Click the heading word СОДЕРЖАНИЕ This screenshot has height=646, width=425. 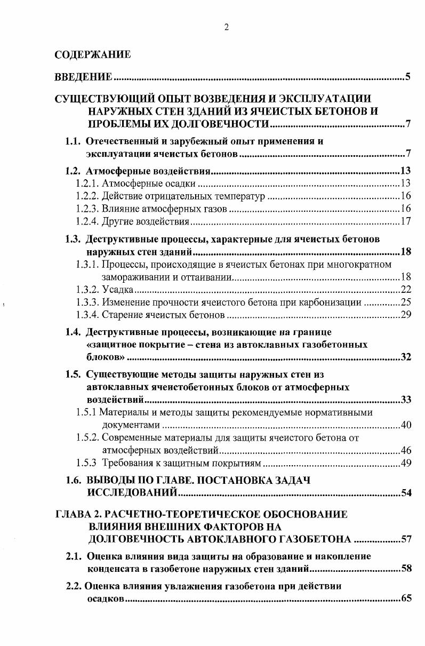click(x=92, y=54)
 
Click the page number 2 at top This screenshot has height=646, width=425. click(x=226, y=28)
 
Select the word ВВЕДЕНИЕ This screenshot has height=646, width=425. click(x=84, y=78)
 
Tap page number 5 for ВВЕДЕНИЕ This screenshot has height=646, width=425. click(x=407, y=78)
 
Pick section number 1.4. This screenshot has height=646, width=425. click(x=73, y=332)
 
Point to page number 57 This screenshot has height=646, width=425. click(x=406, y=539)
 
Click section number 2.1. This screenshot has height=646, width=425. click(x=73, y=556)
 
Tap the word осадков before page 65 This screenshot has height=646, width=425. click(x=105, y=599)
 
